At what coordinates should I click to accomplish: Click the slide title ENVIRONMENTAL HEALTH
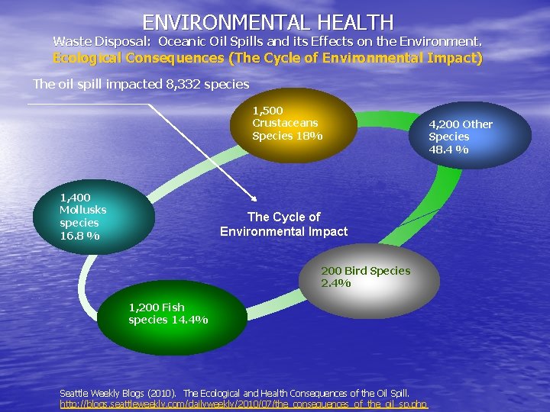(267, 22)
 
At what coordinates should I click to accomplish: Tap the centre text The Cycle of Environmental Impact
(283, 224)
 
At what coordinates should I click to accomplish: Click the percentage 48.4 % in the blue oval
(448, 149)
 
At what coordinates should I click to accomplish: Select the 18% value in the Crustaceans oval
(310, 136)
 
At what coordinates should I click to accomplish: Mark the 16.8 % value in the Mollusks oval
(79, 235)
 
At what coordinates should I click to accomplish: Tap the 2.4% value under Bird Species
(336, 283)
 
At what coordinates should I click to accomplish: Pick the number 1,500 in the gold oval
(267, 111)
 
